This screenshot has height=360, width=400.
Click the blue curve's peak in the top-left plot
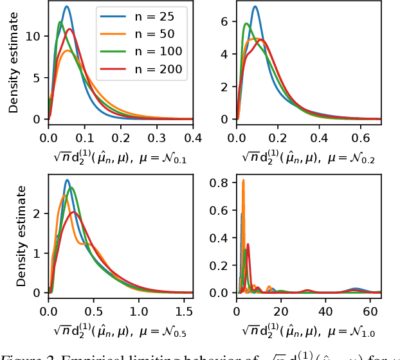pyautogui.click(x=67, y=7)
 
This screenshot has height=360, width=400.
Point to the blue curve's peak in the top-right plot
pyautogui.click(x=255, y=7)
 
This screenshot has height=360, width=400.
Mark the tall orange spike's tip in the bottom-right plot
pyautogui.click(x=243, y=180)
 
